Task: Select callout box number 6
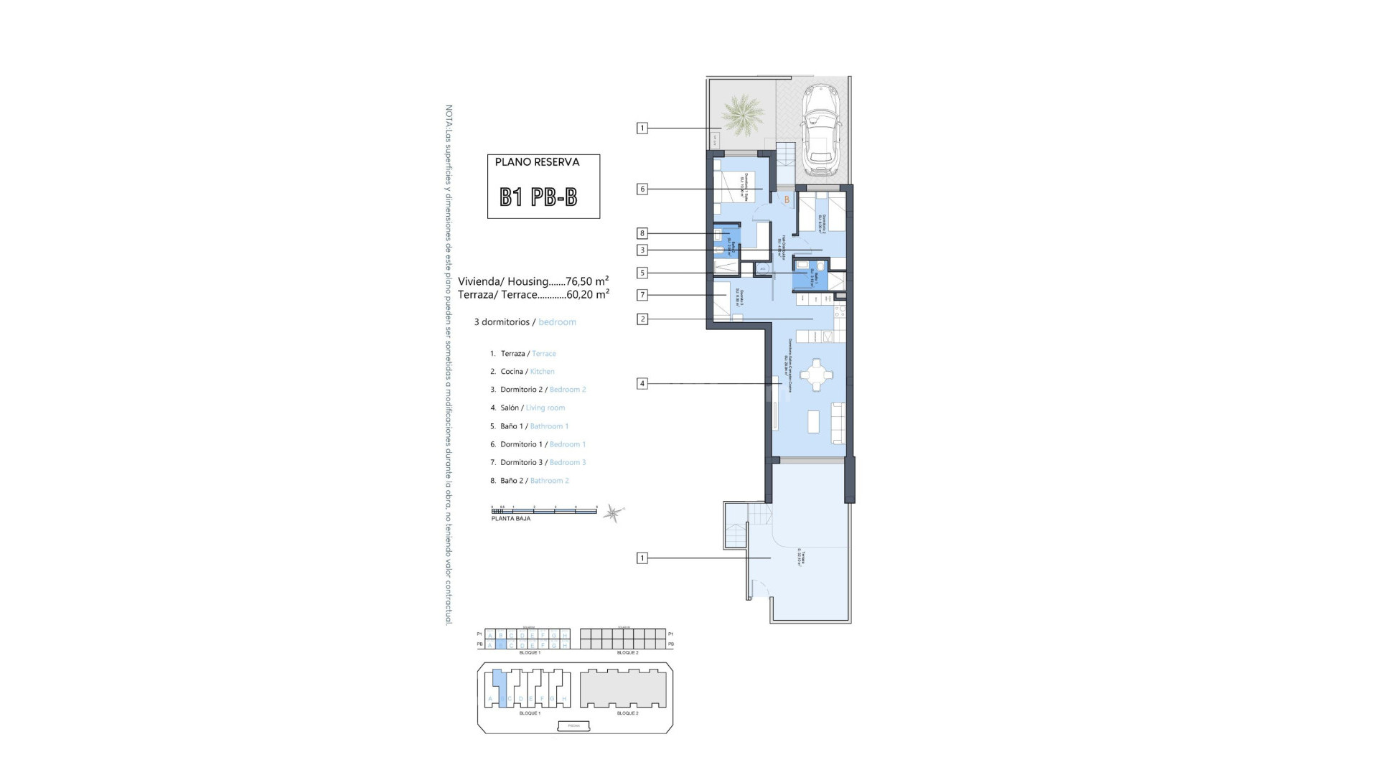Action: coord(642,189)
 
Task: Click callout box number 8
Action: coord(642,233)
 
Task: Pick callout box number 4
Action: coord(642,384)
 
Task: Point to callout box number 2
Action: coord(642,319)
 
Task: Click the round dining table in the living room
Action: coord(816,375)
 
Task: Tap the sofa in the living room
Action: coord(838,423)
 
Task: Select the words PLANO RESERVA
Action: coord(537,162)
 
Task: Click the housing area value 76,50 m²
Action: coord(587,281)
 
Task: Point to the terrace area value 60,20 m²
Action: coord(588,294)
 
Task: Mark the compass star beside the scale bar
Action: coord(613,512)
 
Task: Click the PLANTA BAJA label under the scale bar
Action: coord(511,519)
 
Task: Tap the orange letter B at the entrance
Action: coord(787,199)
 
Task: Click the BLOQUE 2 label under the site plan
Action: coord(627,713)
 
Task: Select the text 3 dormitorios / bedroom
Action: coord(525,322)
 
